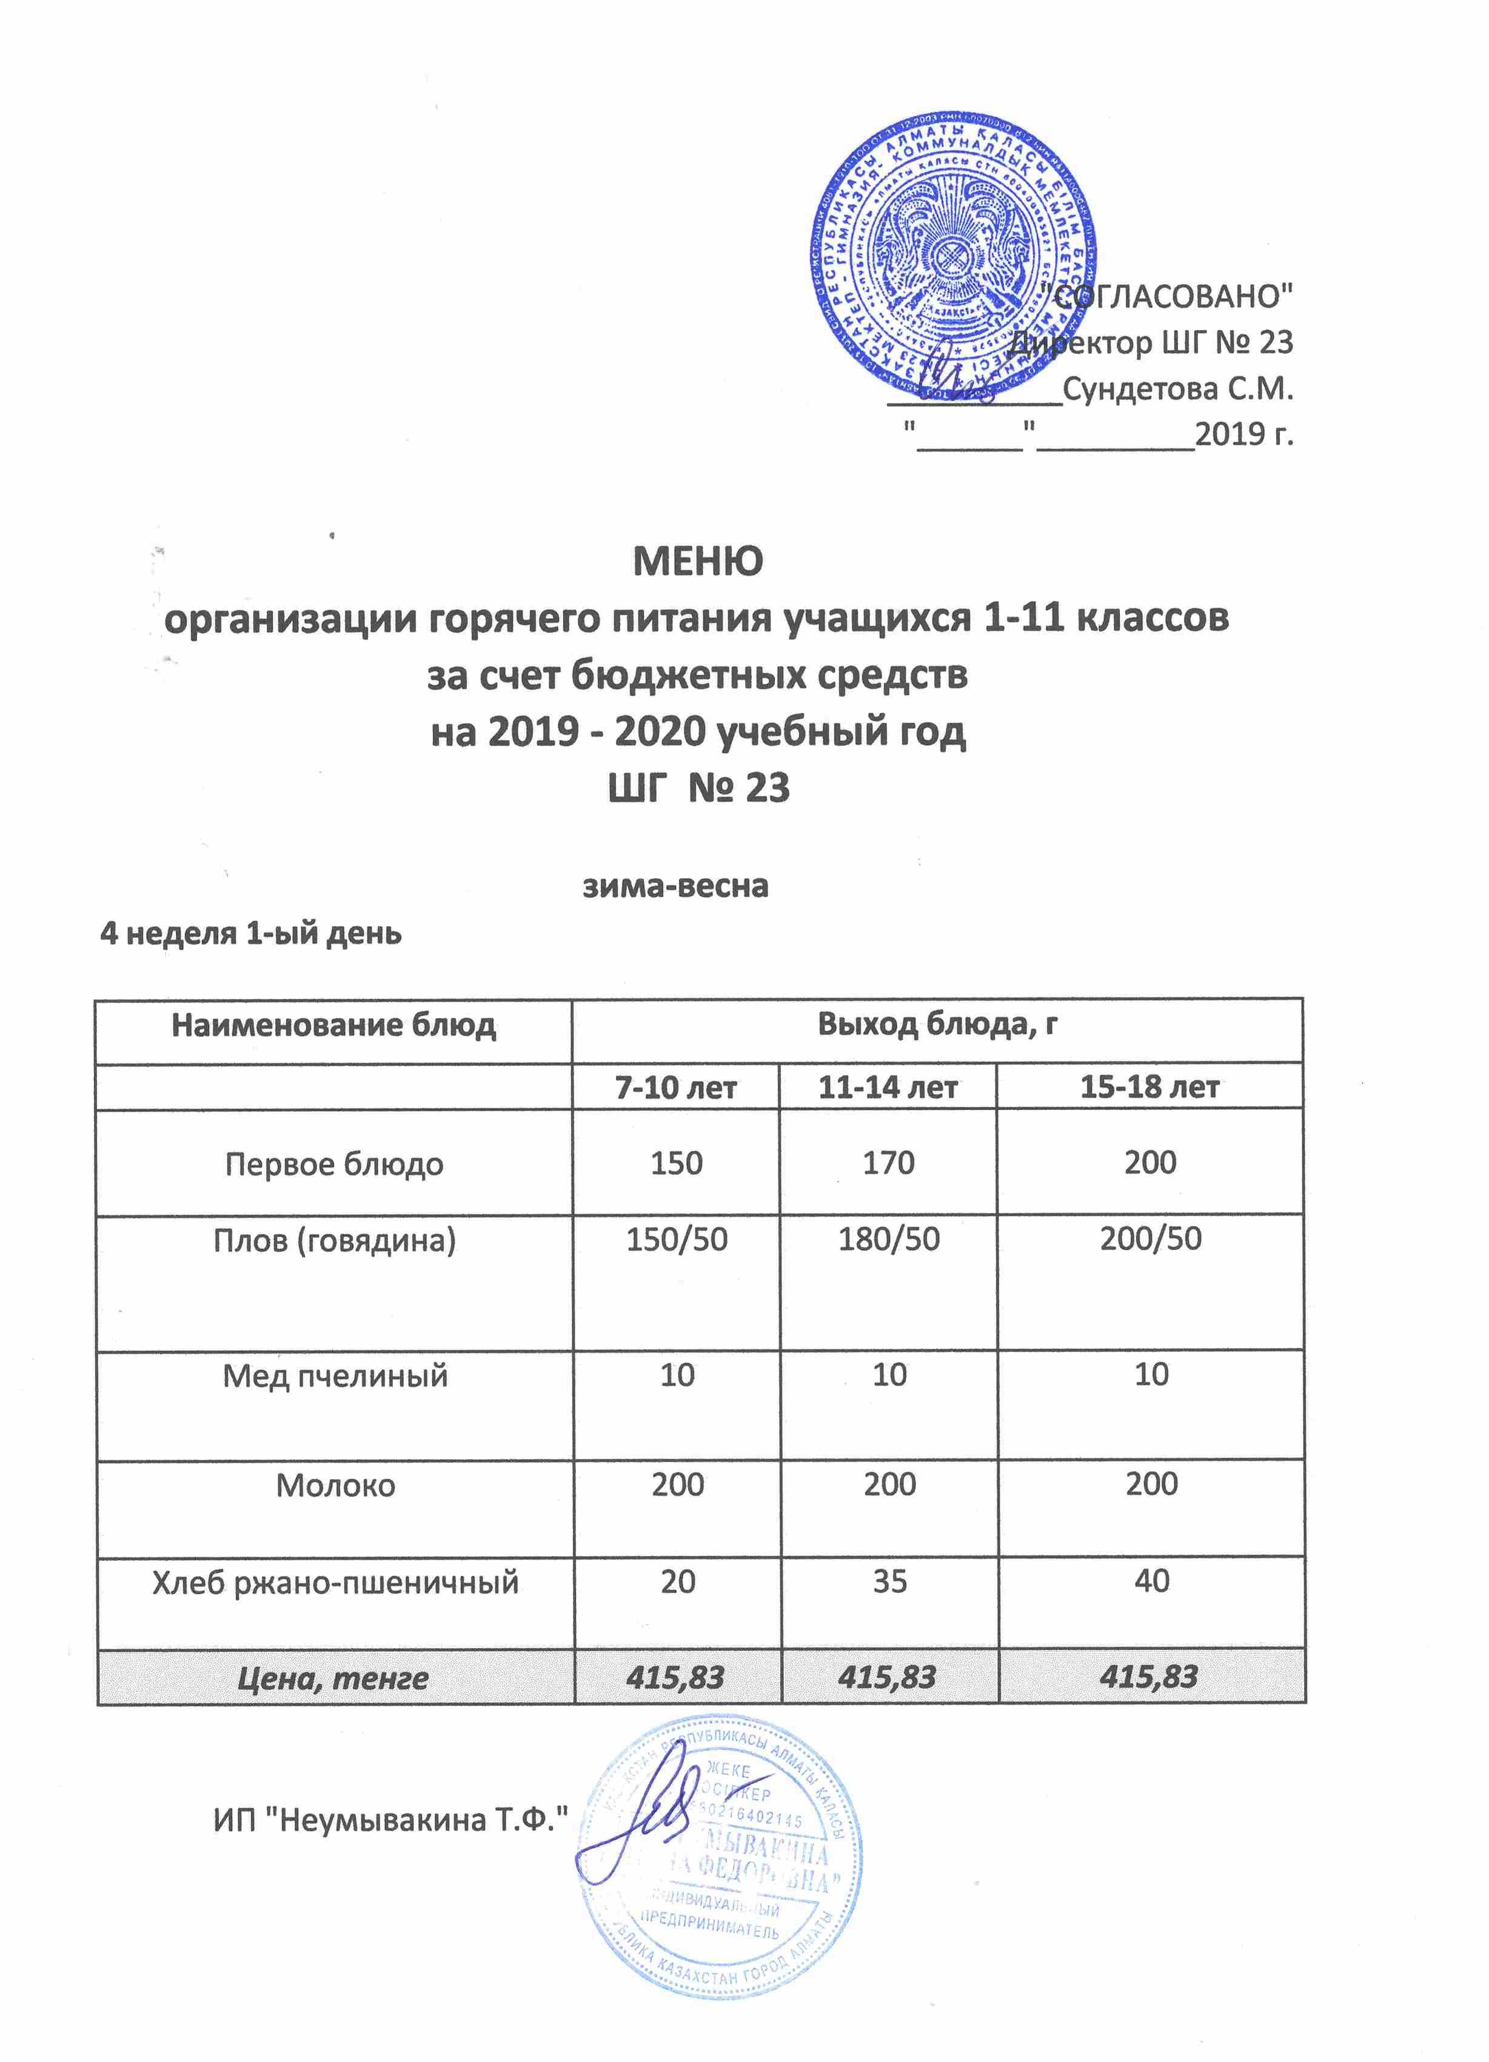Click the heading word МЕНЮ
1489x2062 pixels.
[698, 562]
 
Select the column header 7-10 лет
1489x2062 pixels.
[676, 1088]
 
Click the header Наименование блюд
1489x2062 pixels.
[334, 1025]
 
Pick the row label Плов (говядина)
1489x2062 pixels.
[334, 1240]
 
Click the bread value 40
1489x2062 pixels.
[1151, 1581]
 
